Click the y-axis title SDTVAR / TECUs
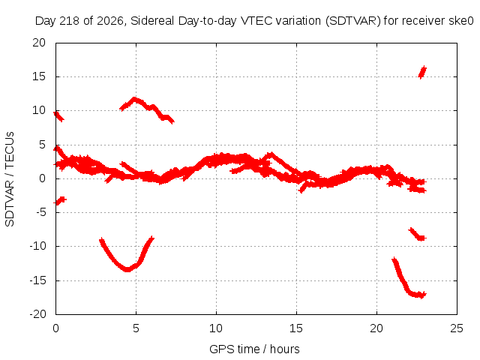[x=10, y=179]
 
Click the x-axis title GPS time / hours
[x=254, y=349]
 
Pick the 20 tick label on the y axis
[x=39, y=43]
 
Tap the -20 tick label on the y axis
[x=37, y=314]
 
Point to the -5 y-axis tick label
[x=40, y=212]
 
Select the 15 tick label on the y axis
[x=39, y=76]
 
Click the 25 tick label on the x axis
[x=457, y=328]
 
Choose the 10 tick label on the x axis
[x=216, y=328]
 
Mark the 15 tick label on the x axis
[x=296, y=328]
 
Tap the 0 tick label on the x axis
[x=55, y=328]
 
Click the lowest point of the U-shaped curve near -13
[x=127, y=270]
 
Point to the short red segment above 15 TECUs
[x=422, y=72]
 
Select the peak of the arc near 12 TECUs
[x=134, y=99]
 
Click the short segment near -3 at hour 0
[x=60, y=201]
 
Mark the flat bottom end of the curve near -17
[x=421, y=295]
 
